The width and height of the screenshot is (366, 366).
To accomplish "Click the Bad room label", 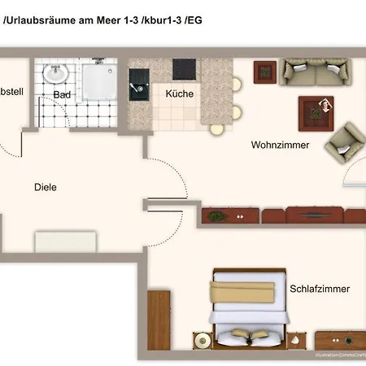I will click(62, 94).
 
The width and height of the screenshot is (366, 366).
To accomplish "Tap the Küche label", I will click(179, 94).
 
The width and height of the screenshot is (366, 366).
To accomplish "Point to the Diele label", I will click(46, 187).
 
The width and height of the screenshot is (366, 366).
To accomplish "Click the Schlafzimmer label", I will click(320, 289).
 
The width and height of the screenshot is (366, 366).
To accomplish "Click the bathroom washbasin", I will click(56, 74).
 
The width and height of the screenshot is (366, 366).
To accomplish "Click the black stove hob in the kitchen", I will click(183, 68).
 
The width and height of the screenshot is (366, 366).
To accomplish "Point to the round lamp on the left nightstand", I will click(200, 338).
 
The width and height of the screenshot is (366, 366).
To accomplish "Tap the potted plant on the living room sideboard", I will click(216, 216).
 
